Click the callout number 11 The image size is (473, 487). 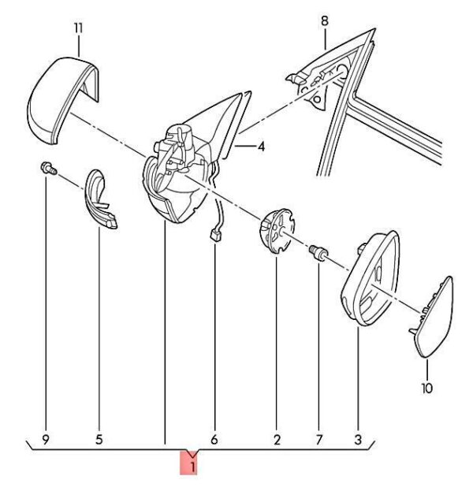pos(79,28)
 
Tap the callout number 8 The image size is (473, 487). pos(325,21)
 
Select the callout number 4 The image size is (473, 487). pos(261,147)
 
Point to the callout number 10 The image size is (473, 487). pos(427,388)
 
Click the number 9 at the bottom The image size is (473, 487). pos(46,440)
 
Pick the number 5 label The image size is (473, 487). pos(99,440)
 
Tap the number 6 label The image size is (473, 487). pos(214,440)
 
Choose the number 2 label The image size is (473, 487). pos(277,440)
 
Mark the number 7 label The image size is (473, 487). pos(319,440)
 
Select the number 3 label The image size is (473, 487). pos(358,440)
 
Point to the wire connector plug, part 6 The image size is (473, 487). pos(215,234)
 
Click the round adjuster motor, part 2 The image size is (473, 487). pos(276,232)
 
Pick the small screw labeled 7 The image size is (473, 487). pos(318,252)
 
